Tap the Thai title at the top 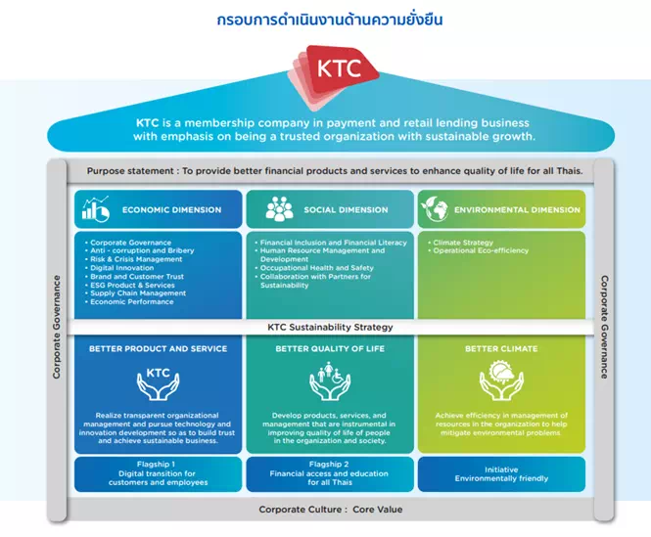(x=330, y=20)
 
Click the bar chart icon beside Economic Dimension (x=96, y=208)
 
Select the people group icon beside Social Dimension (x=279, y=208)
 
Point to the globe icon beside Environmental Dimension (x=435, y=208)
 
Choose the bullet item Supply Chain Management (x=135, y=293)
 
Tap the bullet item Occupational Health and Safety (x=314, y=268)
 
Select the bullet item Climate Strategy (x=460, y=243)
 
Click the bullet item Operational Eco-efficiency (x=478, y=250)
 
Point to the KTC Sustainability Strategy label (x=330, y=327)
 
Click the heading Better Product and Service (x=159, y=348)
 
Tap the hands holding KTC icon (x=159, y=383)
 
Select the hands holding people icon (x=330, y=380)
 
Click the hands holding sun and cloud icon (x=501, y=380)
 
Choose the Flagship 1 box (x=159, y=474)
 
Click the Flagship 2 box (x=330, y=474)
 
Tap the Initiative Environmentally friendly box (x=501, y=474)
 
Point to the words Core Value (x=378, y=510)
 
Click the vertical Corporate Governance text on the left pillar (x=57, y=327)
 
